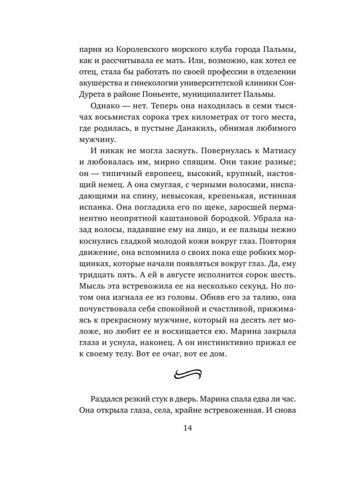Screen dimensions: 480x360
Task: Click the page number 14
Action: coord(188,428)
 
